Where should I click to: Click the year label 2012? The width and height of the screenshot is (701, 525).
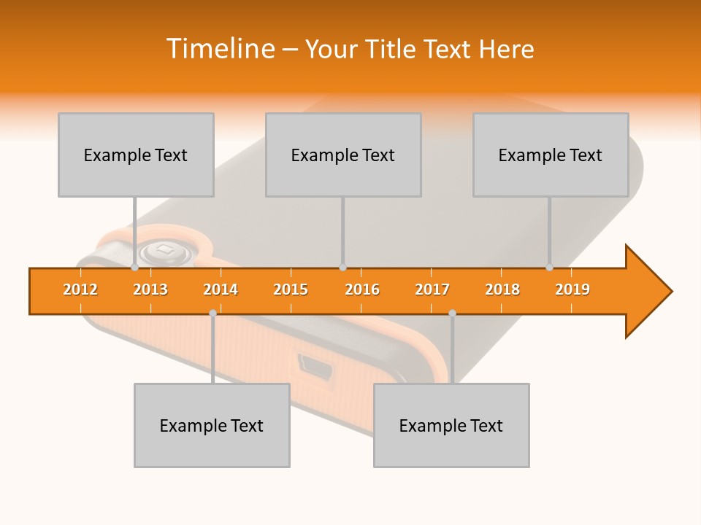click(x=80, y=289)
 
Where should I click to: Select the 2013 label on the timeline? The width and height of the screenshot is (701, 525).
click(x=150, y=289)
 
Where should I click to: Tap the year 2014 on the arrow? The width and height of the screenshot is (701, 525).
click(x=221, y=289)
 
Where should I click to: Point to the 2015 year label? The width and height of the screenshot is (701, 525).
click(x=291, y=289)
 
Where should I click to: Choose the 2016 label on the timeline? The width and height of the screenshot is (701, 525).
click(x=362, y=289)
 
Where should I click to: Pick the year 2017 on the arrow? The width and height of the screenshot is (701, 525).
click(x=432, y=289)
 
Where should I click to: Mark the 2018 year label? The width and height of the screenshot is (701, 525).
click(x=502, y=289)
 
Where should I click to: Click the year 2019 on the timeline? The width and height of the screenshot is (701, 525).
click(x=572, y=289)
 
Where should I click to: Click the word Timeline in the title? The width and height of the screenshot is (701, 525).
click(x=219, y=49)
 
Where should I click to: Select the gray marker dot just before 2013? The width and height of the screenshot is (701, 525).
click(x=135, y=268)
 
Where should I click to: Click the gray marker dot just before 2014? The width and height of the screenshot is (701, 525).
click(x=212, y=313)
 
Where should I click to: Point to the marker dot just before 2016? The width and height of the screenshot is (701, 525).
click(x=342, y=268)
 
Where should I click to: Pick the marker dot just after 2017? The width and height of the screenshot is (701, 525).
click(x=452, y=313)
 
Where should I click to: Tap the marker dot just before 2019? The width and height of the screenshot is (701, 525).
click(x=550, y=268)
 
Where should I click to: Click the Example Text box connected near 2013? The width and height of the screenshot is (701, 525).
click(x=136, y=155)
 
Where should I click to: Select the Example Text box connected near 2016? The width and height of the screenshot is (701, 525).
click(x=343, y=155)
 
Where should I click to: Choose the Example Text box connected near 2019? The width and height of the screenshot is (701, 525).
click(x=551, y=155)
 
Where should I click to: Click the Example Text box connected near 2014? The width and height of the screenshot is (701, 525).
click(x=212, y=425)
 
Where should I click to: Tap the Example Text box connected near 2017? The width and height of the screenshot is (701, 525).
click(x=451, y=425)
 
